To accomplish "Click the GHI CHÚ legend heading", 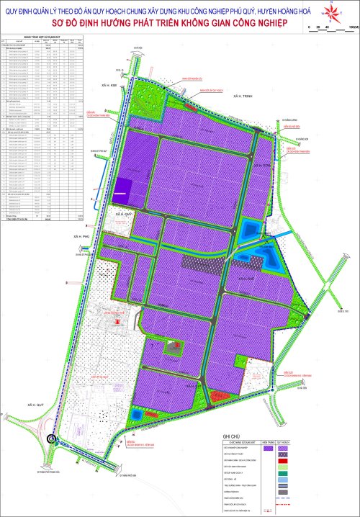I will pos(230,436).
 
